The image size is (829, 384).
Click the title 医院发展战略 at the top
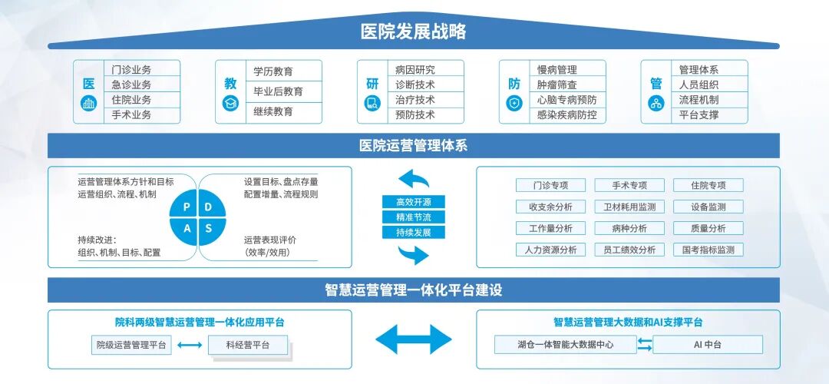pyautogui.click(x=414, y=32)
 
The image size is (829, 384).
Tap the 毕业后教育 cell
pyautogui.click(x=278, y=91)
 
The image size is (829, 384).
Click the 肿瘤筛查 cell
pyautogui.click(x=557, y=84)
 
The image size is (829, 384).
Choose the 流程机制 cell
pyautogui.click(x=699, y=100)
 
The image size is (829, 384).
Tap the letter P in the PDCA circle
pyautogui.click(x=186, y=207)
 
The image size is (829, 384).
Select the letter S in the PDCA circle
pyautogui.click(x=208, y=229)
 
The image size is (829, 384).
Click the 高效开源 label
pyautogui.click(x=414, y=202)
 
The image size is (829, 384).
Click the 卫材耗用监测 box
pyautogui.click(x=629, y=207)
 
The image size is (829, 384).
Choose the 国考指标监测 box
pyautogui.click(x=708, y=250)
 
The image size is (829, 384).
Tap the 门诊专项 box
pyautogui.click(x=550, y=185)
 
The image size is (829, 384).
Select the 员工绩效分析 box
pyautogui.click(x=629, y=250)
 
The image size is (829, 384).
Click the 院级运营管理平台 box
pyautogui.click(x=131, y=345)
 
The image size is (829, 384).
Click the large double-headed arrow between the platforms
pyautogui.click(x=414, y=339)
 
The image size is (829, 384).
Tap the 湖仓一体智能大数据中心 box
pyautogui.click(x=565, y=345)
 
